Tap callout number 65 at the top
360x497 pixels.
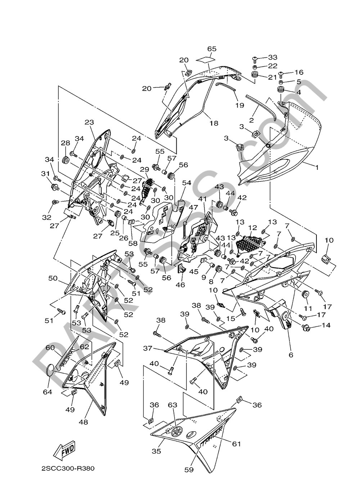(x=212, y=49)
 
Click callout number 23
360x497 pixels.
(x=89, y=122)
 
